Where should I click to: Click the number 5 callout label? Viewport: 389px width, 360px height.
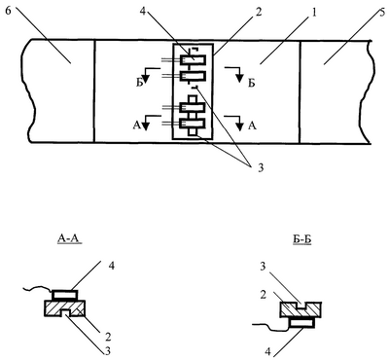(383, 12)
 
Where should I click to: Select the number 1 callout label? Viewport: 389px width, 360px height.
(313, 13)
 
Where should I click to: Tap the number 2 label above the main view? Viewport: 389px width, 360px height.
(259, 12)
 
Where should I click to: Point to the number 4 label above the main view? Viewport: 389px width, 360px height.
(144, 12)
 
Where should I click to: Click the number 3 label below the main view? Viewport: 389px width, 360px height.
(261, 168)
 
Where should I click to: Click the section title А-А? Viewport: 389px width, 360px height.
(69, 239)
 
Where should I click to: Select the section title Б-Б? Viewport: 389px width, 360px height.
(300, 240)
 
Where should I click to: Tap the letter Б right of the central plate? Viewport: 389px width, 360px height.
(252, 84)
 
